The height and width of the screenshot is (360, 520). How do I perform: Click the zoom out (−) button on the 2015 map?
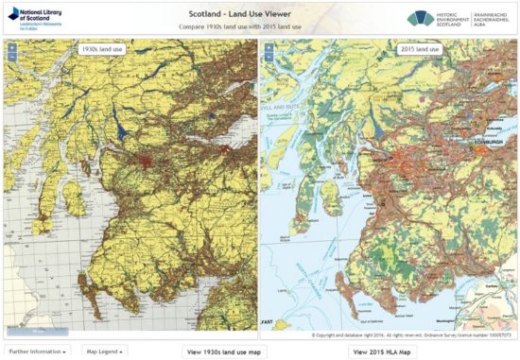point(269,58)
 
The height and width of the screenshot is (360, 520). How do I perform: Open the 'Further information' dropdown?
point(38,351)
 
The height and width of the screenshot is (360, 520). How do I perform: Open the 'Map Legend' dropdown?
point(103,351)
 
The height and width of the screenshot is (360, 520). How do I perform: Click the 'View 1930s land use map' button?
point(225,351)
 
